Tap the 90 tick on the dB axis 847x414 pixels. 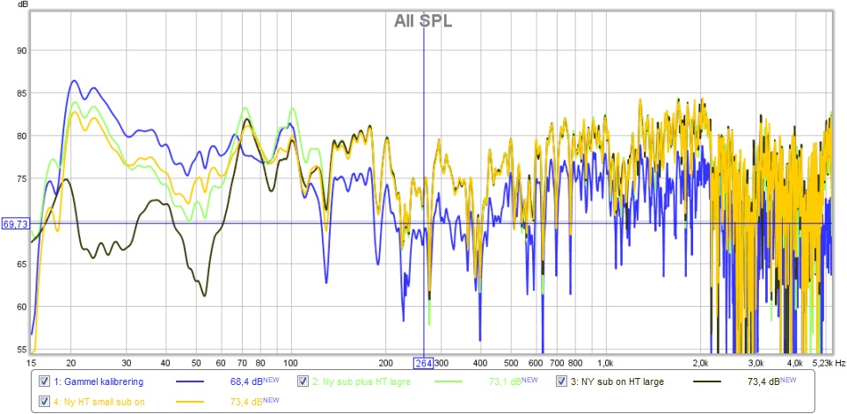[18, 50]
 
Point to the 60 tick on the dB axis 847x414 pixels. [18, 306]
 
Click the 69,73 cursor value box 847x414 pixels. [14, 224]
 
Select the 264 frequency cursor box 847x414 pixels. [424, 363]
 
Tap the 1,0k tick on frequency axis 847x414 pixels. [605, 362]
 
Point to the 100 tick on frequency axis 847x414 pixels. [290, 362]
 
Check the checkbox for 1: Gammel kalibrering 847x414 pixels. [45, 381]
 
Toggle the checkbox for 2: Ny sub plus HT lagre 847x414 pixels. [303, 381]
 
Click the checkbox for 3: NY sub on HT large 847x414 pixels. [562, 381]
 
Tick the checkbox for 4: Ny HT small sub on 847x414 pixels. [45, 401]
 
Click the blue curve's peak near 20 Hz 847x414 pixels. [74, 81]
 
